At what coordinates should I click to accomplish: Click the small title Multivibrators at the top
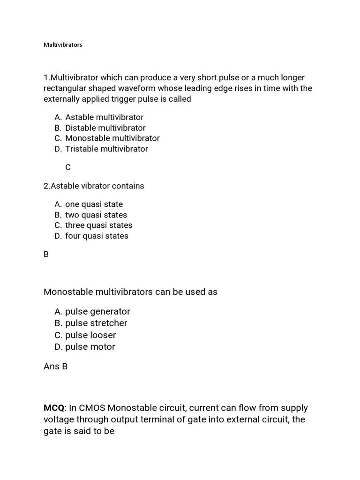pos(63,45)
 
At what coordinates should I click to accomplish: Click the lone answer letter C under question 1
pos(68,167)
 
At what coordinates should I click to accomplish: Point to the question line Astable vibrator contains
pos(94,186)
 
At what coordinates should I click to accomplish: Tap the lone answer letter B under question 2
pos(46,255)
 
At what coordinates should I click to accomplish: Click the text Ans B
pos(55,367)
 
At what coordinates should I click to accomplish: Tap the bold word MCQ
pos(54,408)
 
